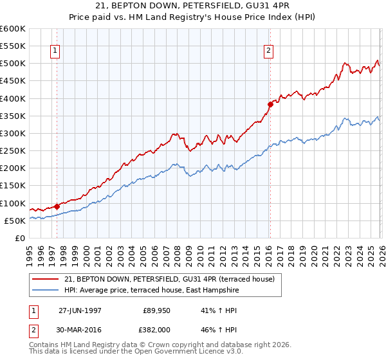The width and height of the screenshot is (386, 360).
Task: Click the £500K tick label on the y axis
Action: (13, 64)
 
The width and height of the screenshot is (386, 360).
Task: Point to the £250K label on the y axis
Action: (13, 151)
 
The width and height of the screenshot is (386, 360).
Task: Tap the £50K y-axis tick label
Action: (15, 221)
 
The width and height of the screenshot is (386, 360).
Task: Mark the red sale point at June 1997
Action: (57, 206)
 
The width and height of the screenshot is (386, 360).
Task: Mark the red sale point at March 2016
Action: (270, 104)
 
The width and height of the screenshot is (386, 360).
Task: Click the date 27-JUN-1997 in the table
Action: (82, 310)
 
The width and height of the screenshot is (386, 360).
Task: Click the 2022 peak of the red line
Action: (345, 63)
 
